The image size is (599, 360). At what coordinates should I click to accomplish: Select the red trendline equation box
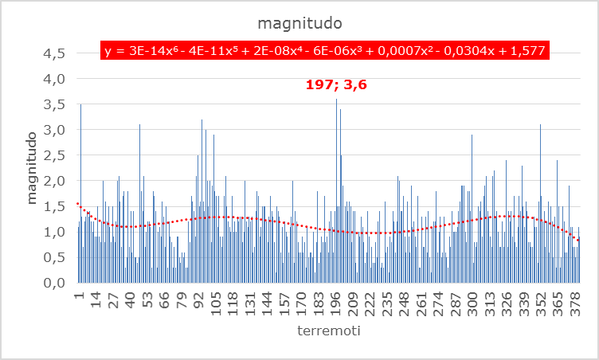tap(324, 51)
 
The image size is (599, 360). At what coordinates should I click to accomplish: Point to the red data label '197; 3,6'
tap(338, 83)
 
